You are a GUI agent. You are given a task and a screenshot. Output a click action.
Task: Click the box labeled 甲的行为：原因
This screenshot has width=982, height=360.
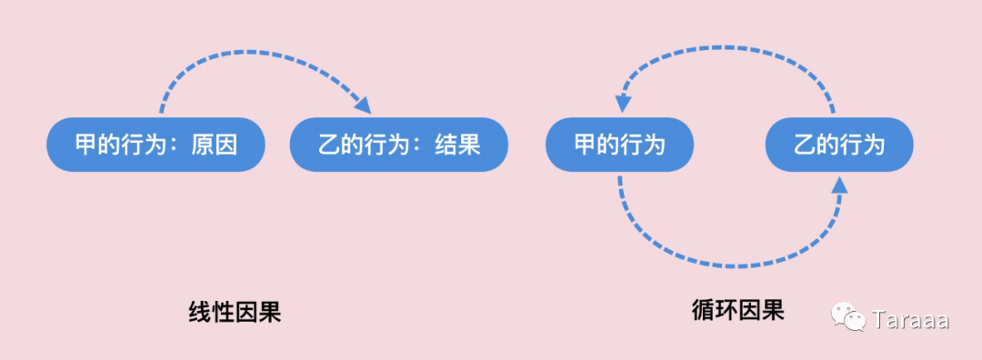tap(155, 145)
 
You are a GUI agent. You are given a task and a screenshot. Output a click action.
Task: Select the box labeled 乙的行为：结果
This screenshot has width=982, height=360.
tap(398, 145)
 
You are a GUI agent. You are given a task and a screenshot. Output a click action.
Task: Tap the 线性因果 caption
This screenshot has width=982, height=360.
tap(235, 313)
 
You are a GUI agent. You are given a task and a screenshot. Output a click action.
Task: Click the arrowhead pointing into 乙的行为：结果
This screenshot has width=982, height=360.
tap(363, 105)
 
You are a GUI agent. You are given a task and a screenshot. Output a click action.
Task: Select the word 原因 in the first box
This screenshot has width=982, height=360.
tap(215, 145)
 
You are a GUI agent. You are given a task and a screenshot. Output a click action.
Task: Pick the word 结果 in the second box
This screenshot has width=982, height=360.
tap(457, 145)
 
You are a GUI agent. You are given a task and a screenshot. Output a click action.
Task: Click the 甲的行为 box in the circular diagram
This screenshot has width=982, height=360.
tap(619, 145)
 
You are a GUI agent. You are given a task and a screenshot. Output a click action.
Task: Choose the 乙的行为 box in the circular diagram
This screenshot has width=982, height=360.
tap(838, 145)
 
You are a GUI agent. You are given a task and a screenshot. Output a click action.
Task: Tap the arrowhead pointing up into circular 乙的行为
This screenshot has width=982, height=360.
tap(838, 185)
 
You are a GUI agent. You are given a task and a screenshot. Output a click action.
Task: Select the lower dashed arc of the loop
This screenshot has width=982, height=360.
tap(727, 265)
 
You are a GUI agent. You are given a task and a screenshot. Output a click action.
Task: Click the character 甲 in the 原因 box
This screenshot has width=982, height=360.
tap(85, 145)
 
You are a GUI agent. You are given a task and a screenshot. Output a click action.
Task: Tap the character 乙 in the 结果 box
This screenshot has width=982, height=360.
tap(328, 145)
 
